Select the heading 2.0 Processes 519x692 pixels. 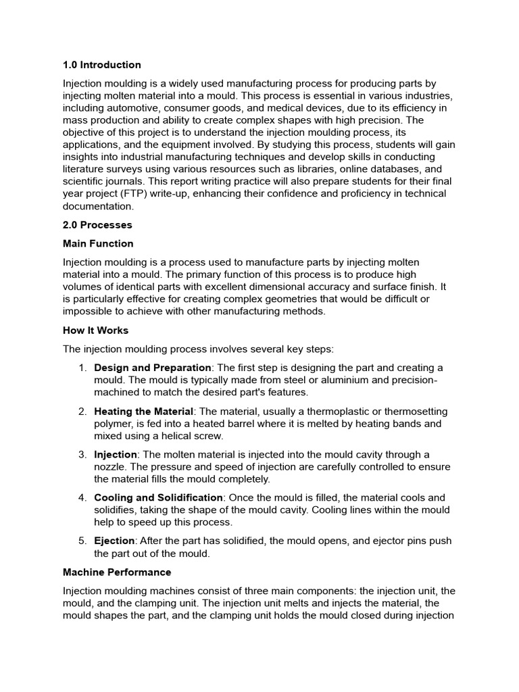(x=97, y=224)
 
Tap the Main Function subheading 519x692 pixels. (x=98, y=243)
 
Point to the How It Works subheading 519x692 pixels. (x=95, y=330)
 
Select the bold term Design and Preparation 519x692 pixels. (x=153, y=368)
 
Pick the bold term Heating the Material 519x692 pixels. (x=144, y=411)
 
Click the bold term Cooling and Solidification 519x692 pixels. (x=158, y=497)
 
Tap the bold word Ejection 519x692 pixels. (x=115, y=541)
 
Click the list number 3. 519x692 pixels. (x=82, y=454)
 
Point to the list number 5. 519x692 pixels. (x=82, y=541)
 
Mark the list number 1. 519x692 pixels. (x=82, y=368)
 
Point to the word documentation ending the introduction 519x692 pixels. (x=99, y=206)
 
